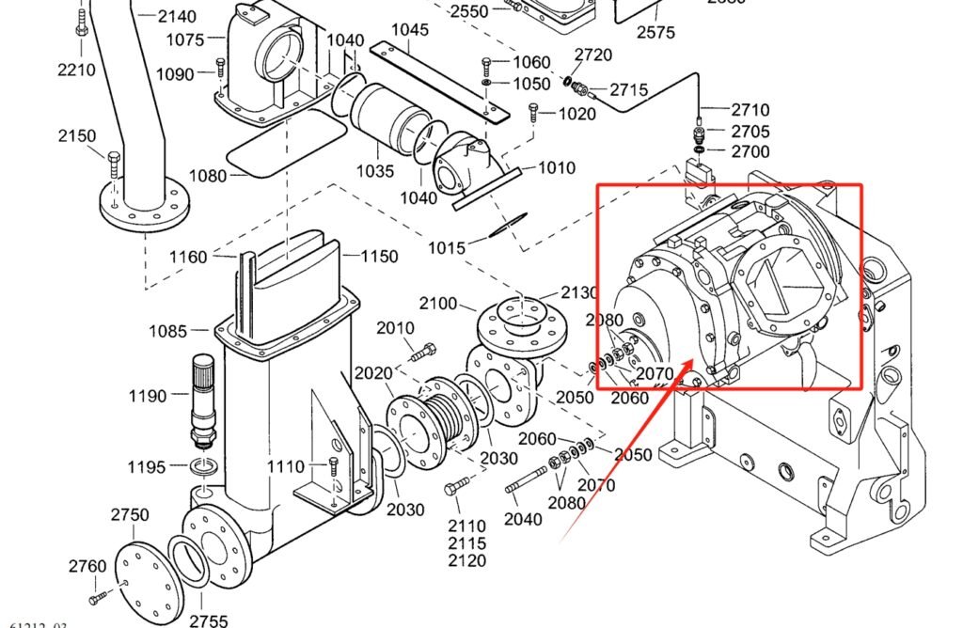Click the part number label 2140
(177, 16)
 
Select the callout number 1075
(185, 39)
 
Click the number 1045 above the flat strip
(410, 29)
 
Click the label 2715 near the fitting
(629, 90)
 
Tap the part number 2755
(208, 620)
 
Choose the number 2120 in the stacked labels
(467, 561)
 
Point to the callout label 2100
(438, 304)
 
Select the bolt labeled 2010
(424, 353)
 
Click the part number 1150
(378, 257)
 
